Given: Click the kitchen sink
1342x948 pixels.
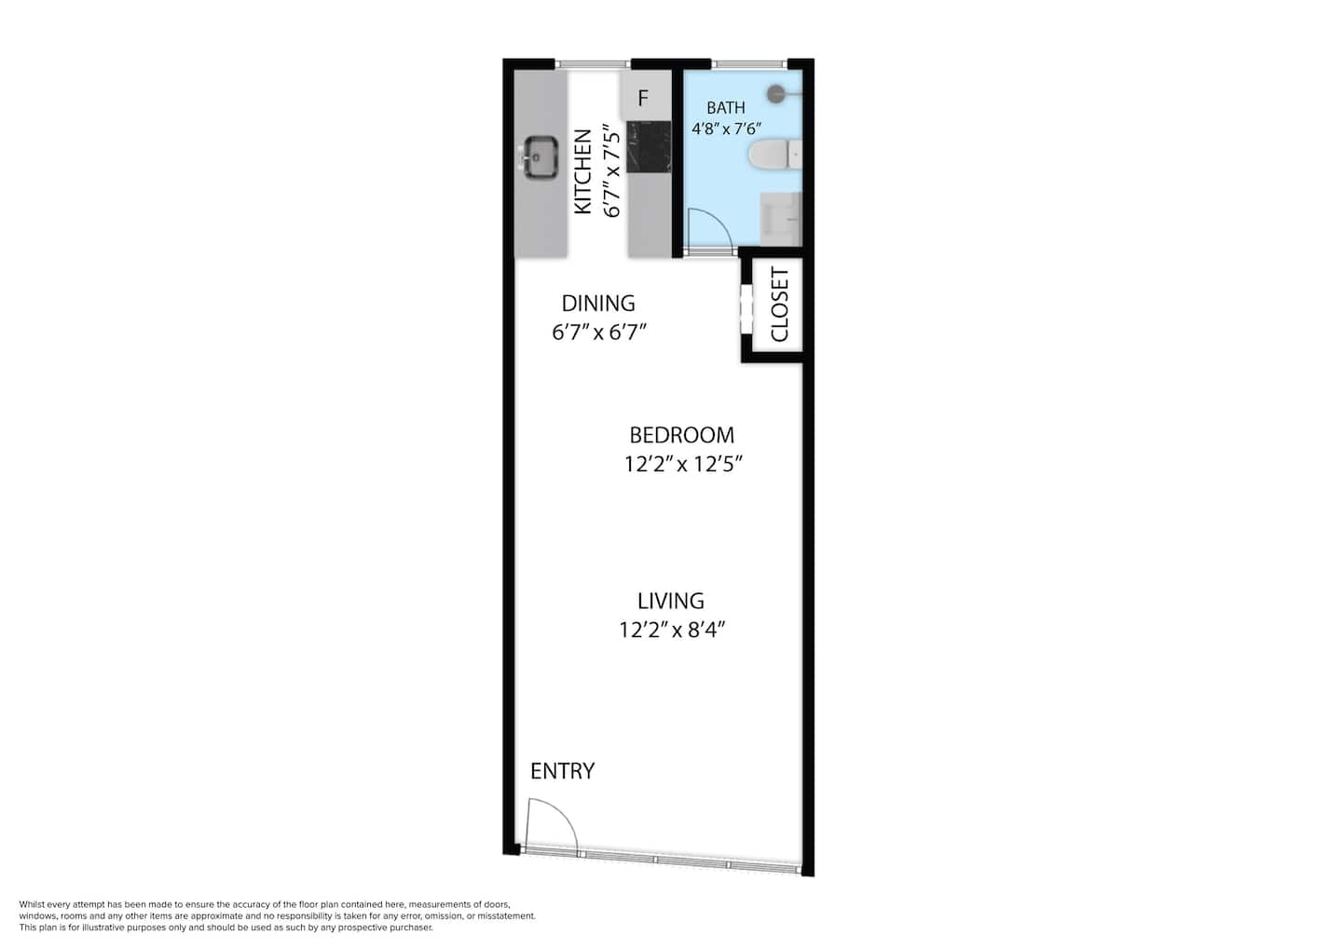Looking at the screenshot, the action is point(541,157).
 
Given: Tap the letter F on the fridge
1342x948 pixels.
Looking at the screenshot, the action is point(643,98).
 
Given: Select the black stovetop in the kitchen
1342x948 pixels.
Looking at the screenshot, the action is point(649,146).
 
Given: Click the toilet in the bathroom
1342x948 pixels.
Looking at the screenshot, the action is point(775,155).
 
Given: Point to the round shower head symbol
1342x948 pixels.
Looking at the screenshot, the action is point(776,94).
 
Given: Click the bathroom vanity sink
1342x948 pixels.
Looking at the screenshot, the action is point(781,219).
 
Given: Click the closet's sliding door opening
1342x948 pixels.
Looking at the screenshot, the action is point(746,309).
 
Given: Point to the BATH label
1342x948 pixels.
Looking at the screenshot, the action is point(726,108).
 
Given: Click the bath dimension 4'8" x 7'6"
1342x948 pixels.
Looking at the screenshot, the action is point(726,129).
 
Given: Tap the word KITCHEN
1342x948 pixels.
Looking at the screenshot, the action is point(583,171).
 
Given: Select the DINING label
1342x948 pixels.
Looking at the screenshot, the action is point(598,304).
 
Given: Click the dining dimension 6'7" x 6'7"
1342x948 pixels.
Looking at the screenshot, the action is point(599,332).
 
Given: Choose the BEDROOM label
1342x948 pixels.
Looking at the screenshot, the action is point(682,435).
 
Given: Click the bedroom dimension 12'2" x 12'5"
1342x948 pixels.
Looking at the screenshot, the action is point(684,464).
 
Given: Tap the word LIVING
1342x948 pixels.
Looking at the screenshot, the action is point(670,601).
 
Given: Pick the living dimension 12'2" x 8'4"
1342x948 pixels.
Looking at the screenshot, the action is point(672,630).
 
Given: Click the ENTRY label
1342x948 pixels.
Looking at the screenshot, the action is point(563,771).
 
